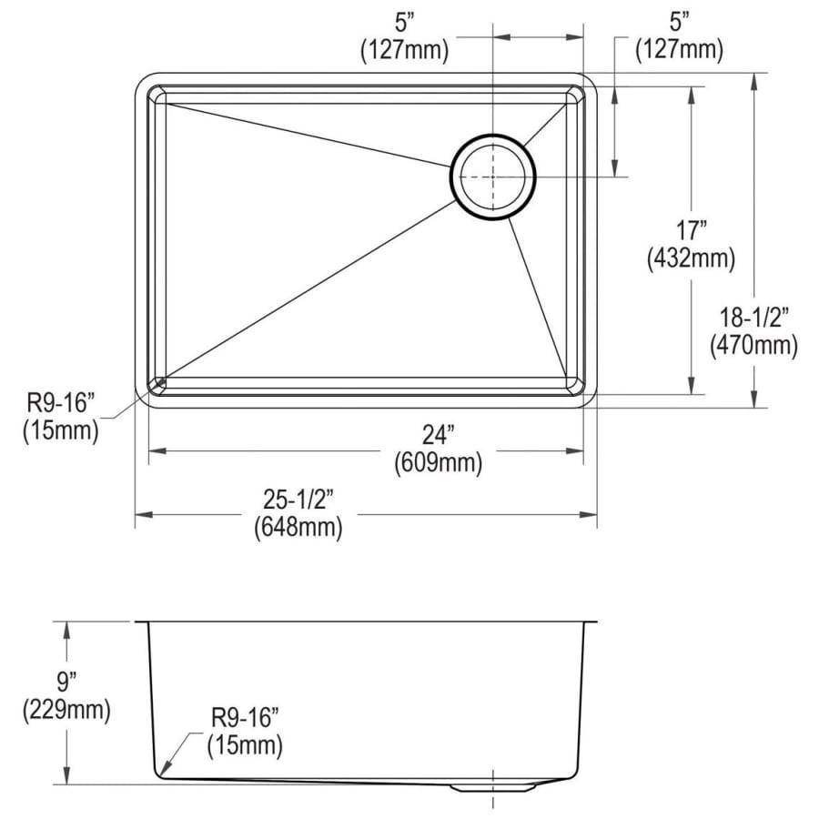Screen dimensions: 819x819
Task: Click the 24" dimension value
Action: (438, 436)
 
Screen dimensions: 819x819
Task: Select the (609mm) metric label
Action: (438, 463)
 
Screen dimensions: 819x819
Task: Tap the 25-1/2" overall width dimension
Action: (298, 500)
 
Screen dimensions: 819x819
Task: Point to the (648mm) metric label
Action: (298, 528)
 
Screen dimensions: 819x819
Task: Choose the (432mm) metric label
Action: (691, 258)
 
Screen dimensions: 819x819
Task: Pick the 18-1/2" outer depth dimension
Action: (753, 318)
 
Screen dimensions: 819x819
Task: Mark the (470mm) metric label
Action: (753, 345)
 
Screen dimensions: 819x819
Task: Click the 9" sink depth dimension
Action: (66, 682)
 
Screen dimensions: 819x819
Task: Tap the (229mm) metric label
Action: (66, 710)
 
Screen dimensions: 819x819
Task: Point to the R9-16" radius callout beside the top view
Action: (61, 403)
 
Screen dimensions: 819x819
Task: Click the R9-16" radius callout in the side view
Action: (245, 718)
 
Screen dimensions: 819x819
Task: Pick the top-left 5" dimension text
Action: (404, 24)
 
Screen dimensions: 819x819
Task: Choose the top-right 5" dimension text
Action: (679, 24)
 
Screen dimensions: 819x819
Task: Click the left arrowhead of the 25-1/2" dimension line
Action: (144, 514)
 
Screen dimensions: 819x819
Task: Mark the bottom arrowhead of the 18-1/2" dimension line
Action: (753, 399)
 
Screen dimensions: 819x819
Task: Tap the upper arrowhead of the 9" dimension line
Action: (66, 630)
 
